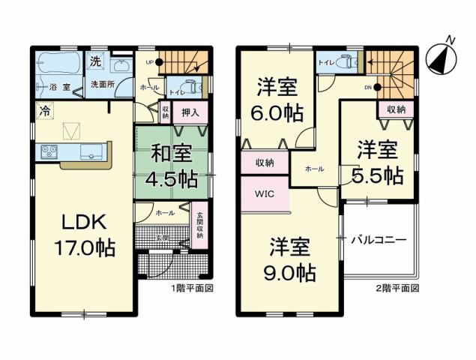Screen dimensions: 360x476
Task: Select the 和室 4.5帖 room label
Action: click(x=172, y=168)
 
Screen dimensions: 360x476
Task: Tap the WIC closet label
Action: click(x=265, y=193)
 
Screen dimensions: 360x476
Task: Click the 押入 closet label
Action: click(x=190, y=113)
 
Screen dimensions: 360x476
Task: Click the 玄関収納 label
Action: click(x=200, y=226)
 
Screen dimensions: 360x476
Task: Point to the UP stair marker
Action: click(x=150, y=62)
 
